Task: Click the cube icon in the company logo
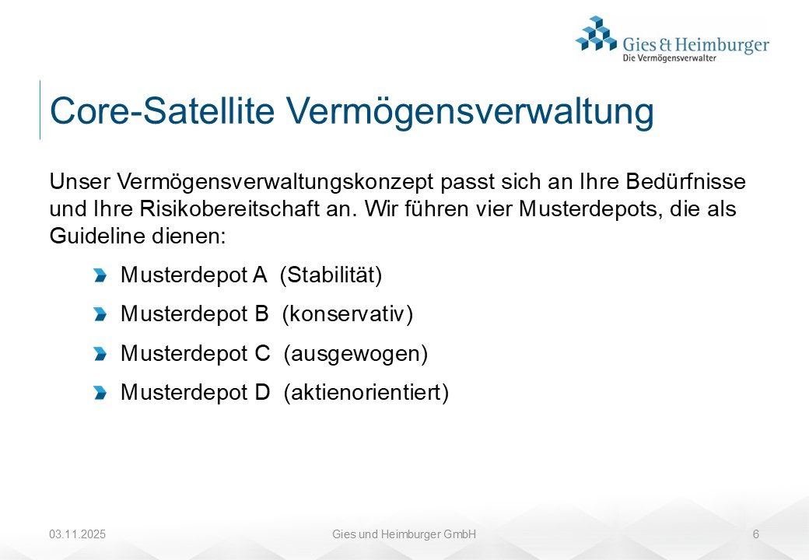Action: [596, 33]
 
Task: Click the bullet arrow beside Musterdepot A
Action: [100, 275]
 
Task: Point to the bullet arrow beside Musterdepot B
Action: [100, 314]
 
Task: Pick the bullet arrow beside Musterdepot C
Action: [100, 354]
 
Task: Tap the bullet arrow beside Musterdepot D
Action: [100, 393]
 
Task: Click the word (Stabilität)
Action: [331, 275]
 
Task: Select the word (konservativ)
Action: [348, 314]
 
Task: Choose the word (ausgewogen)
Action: [355, 354]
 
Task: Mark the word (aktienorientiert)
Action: [366, 393]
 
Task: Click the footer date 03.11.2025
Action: [77, 534]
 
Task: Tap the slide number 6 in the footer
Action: [756, 534]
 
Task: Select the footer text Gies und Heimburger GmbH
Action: [404, 534]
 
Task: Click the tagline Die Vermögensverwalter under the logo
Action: [669, 58]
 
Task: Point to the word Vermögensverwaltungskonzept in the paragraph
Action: [275, 182]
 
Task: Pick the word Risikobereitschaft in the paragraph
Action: [229, 209]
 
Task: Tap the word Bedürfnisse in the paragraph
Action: [685, 181]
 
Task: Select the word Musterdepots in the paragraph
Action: [590, 209]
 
